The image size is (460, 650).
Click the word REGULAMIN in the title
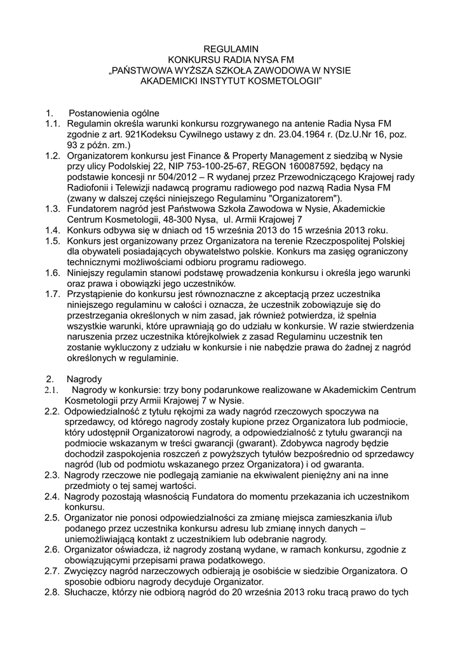click(x=230, y=48)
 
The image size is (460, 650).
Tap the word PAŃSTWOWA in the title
click(x=148, y=70)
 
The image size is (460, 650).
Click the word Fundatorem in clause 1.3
click(x=91, y=210)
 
